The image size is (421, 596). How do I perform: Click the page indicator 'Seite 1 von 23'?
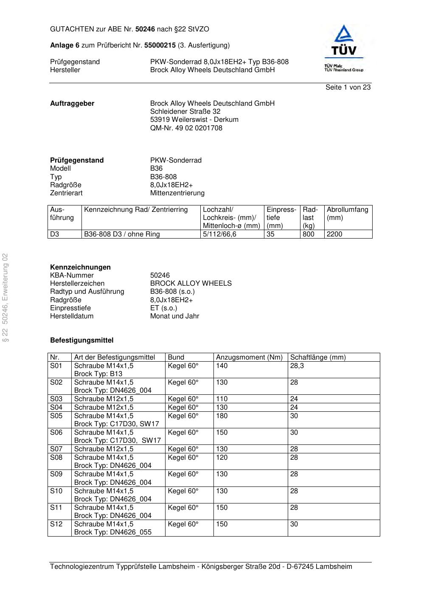348,87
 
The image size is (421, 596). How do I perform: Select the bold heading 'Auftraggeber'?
72,104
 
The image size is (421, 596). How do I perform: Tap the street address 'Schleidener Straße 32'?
185,112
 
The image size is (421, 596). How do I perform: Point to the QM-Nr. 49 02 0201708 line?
186,128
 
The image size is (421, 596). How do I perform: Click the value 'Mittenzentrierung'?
177,193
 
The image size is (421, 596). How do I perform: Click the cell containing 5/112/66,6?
219,234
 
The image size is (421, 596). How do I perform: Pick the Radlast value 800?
308,234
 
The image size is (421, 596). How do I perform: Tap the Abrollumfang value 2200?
334,234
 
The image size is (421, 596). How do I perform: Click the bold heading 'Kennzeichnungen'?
80,267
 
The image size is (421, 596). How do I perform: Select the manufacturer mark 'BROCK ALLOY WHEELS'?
191,284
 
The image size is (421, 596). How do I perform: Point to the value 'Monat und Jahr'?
174,316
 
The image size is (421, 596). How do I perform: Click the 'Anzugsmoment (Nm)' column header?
249,357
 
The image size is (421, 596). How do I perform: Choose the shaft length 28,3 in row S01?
297,366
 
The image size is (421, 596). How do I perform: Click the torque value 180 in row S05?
222,416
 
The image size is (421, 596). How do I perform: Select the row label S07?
56,449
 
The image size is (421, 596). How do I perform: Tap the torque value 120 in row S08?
222,458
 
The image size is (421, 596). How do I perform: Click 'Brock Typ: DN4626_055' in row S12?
112,532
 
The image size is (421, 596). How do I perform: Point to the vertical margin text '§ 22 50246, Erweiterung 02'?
6,297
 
